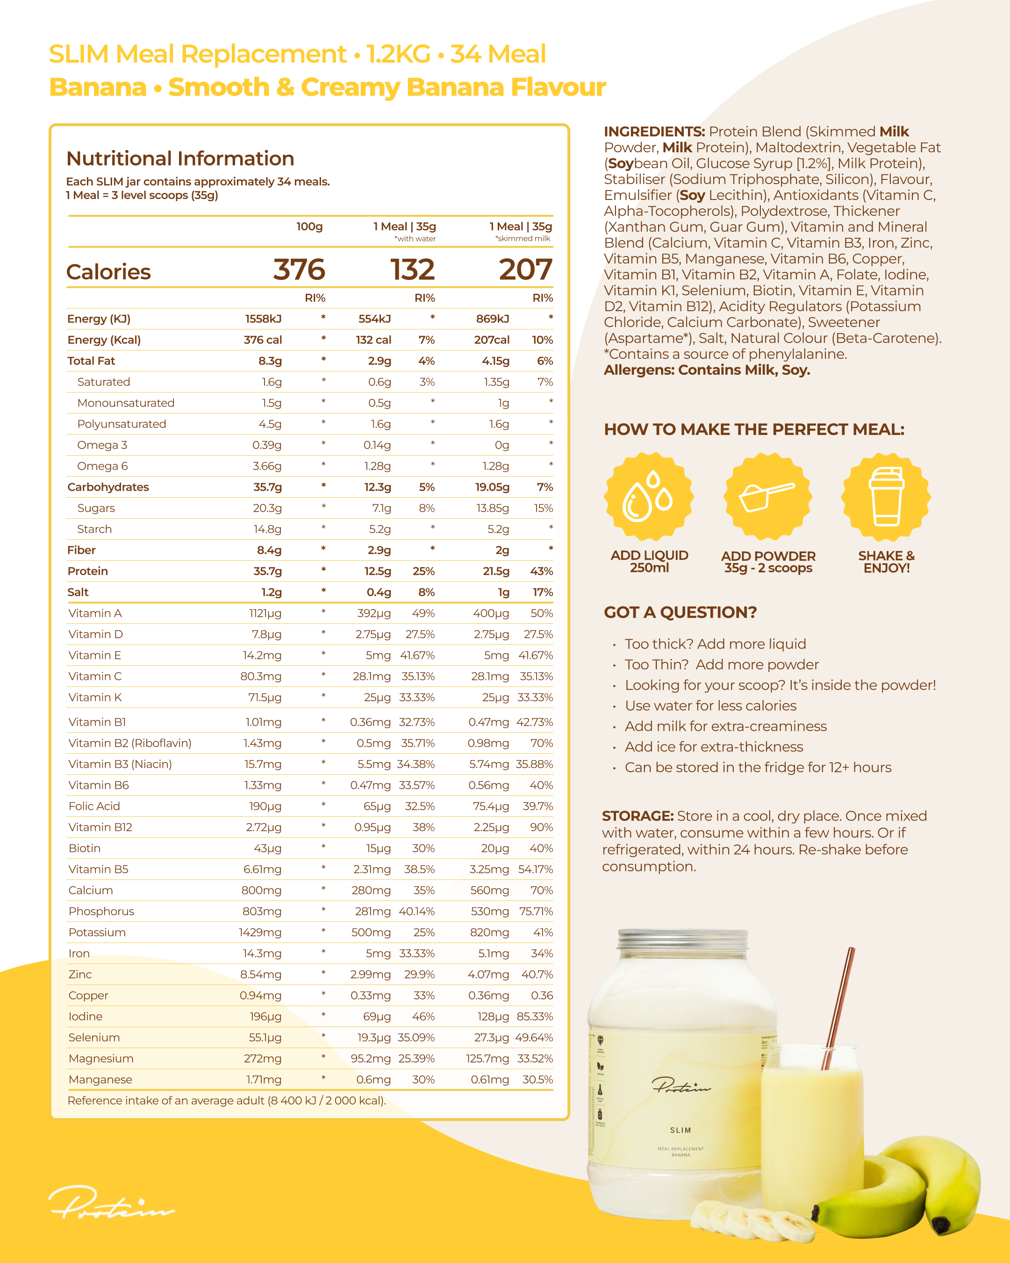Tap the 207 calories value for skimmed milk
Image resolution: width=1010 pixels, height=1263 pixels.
(525, 270)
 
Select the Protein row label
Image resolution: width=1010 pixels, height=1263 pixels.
(87, 571)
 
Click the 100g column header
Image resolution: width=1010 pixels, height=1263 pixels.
(309, 227)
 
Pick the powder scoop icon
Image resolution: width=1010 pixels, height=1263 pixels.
(767, 496)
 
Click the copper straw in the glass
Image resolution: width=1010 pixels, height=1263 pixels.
(839, 1007)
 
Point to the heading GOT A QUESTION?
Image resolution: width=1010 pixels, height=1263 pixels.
(680, 612)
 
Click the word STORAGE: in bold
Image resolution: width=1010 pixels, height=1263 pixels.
(638, 816)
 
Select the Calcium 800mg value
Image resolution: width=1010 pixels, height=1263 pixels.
(261, 891)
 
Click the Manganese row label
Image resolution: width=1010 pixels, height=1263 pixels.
(100, 1080)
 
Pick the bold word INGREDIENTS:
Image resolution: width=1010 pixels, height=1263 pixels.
(654, 132)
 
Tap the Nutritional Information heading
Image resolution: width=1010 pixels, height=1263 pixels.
(180, 159)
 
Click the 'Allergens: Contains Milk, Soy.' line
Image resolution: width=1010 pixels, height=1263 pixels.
(707, 370)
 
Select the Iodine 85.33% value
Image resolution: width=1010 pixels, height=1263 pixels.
(534, 1016)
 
